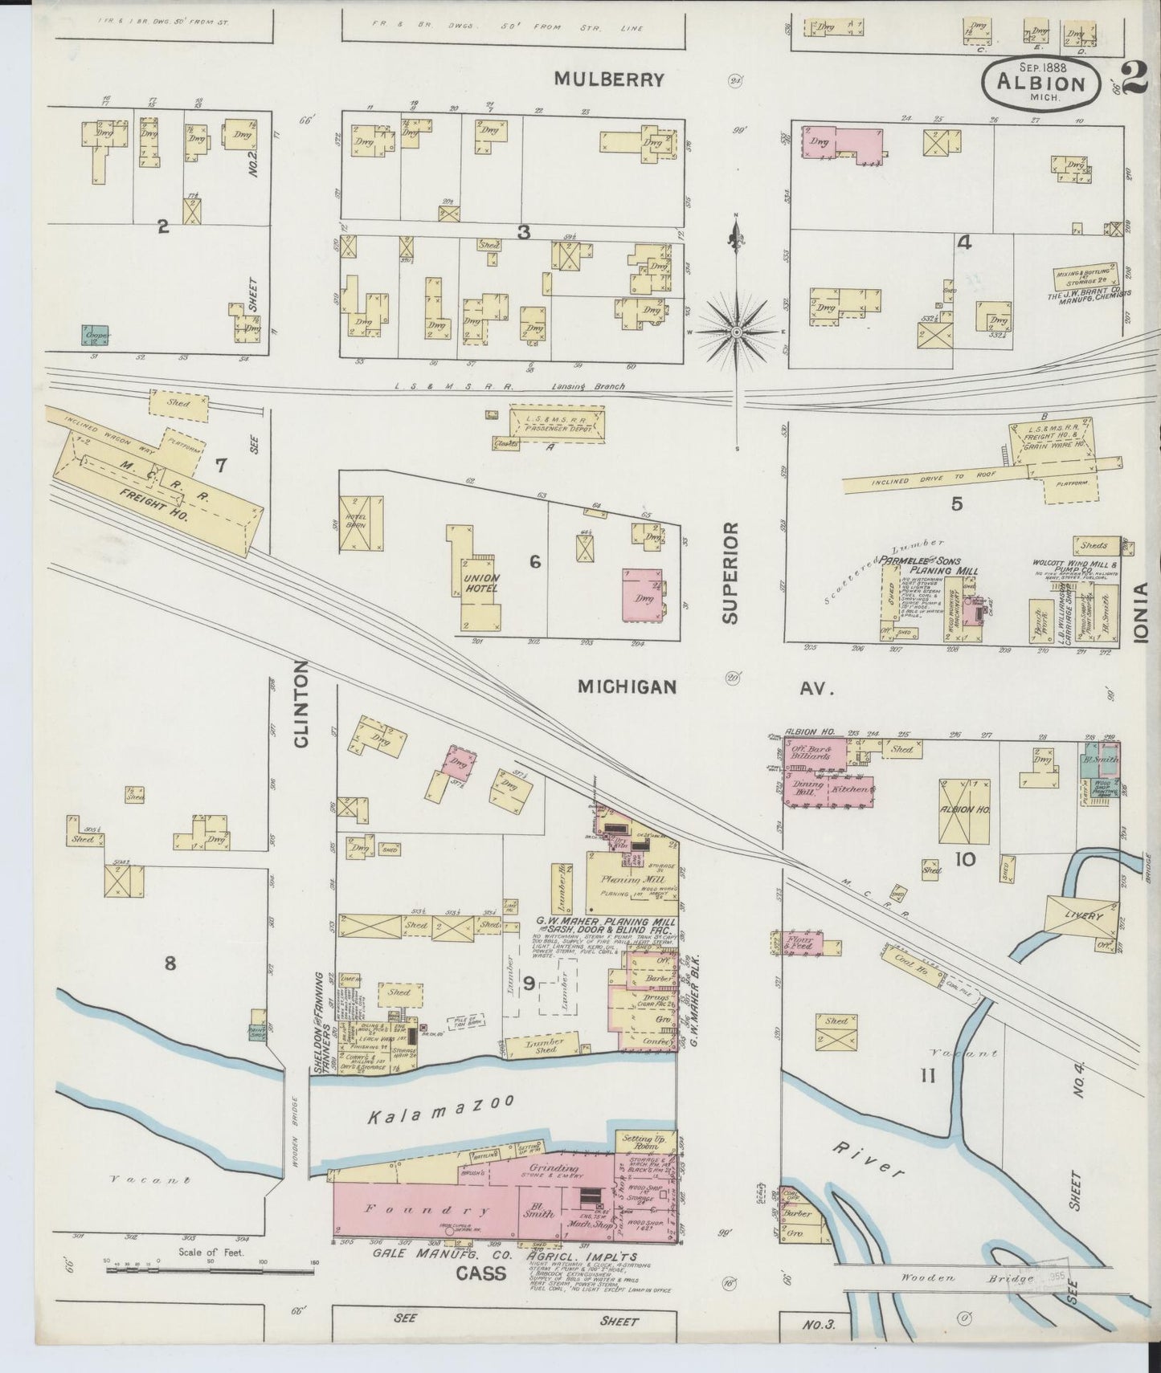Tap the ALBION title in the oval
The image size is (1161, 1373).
pyautogui.click(x=1041, y=83)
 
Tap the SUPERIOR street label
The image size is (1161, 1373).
pyautogui.click(x=729, y=572)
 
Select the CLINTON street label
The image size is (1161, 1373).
pyautogui.click(x=301, y=704)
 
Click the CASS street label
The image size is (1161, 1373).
pyautogui.click(x=481, y=1274)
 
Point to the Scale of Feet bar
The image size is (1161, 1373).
pyautogui.click(x=210, y=1269)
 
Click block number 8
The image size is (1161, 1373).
pyautogui.click(x=170, y=963)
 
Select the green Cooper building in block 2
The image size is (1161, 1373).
pyautogui.click(x=96, y=336)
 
